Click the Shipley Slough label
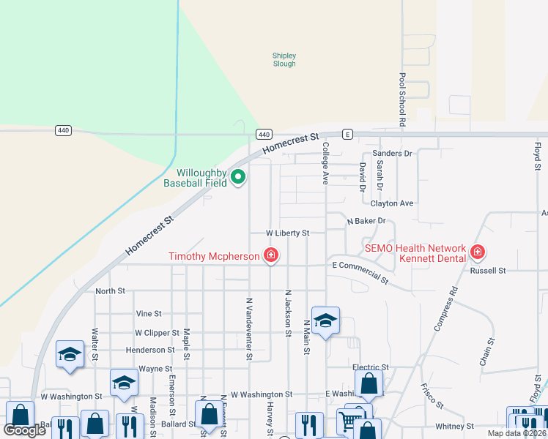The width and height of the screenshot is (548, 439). pyautogui.click(x=284, y=59)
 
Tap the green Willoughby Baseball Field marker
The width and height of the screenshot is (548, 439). pyautogui.click(x=238, y=176)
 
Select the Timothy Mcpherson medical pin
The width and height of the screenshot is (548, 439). pyautogui.click(x=271, y=255)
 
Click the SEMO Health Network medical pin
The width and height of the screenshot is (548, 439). pyautogui.click(x=478, y=252)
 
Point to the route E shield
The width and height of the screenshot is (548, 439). pyautogui.click(x=347, y=134)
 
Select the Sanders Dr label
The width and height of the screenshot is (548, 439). pyautogui.click(x=393, y=153)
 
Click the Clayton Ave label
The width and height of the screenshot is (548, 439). pyautogui.click(x=392, y=203)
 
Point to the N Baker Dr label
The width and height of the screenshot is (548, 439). pyautogui.click(x=366, y=220)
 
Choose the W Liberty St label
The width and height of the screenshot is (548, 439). pyautogui.click(x=288, y=233)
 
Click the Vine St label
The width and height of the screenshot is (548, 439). pyautogui.click(x=149, y=313)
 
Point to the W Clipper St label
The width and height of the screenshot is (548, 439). pyautogui.click(x=155, y=332)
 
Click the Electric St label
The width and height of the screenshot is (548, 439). pyautogui.click(x=370, y=367)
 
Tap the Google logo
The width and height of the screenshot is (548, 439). pyautogui.click(x=25, y=430)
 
